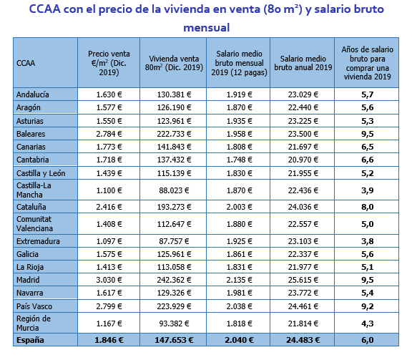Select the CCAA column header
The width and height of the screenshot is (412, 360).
(26, 63)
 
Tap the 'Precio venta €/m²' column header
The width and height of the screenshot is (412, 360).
(109, 63)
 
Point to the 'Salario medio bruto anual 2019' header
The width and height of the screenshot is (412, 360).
(303, 63)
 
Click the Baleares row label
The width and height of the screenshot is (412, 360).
(31, 134)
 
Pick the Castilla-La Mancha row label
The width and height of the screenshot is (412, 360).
(34, 190)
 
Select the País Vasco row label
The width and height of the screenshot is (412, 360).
(34, 306)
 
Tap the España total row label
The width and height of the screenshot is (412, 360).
(30, 340)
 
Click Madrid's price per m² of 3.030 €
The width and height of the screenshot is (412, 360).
(109, 280)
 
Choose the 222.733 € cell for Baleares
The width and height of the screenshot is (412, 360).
(174, 134)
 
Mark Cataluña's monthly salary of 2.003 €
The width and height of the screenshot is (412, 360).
(239, 207)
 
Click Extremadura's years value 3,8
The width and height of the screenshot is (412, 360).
(368, 241)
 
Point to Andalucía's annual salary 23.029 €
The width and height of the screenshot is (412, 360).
(303, 94)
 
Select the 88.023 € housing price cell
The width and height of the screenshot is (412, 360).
(174, 190)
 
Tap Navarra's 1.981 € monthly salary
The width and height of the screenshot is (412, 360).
(239, 293)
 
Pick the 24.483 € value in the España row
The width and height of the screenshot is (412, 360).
(303, 340)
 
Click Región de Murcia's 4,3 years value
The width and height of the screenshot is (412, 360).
(368, 323)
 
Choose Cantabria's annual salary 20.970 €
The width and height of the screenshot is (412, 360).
(303, 160)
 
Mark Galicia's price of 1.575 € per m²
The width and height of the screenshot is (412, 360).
(109, 254)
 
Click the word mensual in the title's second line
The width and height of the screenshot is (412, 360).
(207, 28)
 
